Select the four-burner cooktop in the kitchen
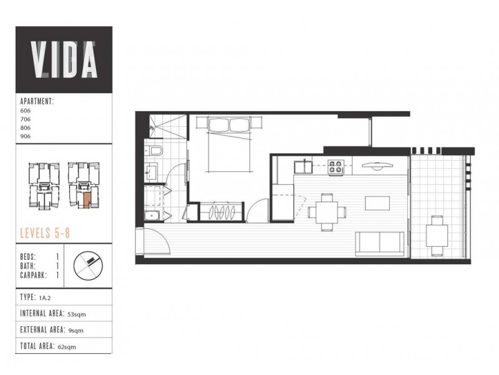tap(337, 167)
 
